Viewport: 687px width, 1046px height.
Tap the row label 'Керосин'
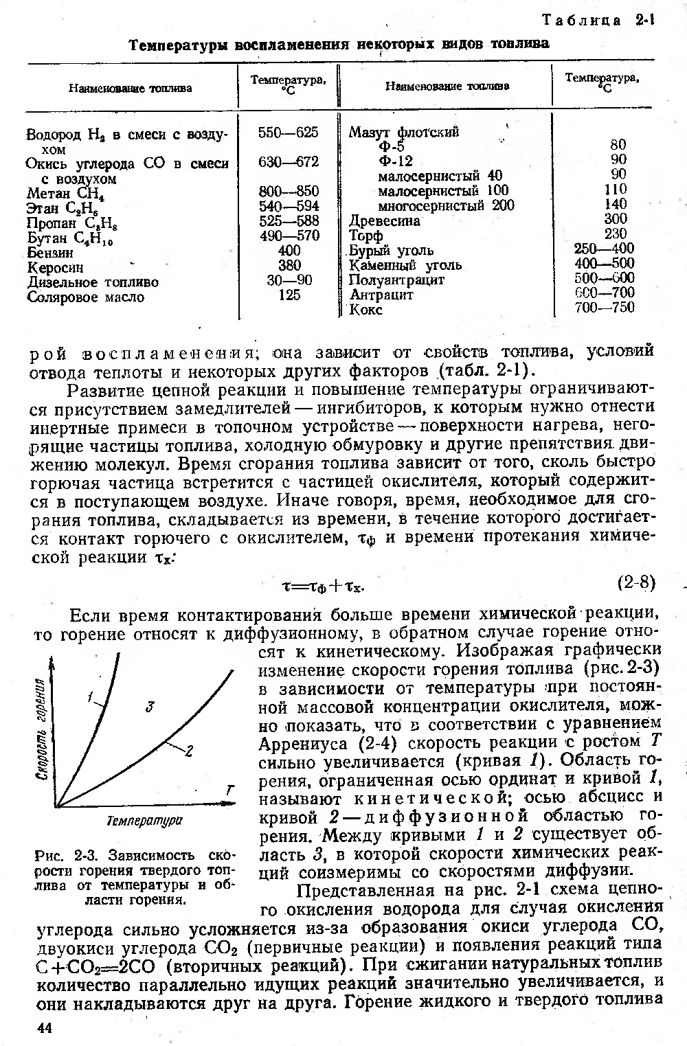[x=55, y=267]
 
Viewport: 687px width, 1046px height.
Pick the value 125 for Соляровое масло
[x=289, y=295]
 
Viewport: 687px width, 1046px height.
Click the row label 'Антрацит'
[x=381, y=295]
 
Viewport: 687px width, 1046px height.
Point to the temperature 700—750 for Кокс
[x=605, y=308]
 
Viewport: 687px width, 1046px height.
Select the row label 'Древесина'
[x=385, y=221]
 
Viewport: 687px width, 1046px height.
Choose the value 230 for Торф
[x=615, y=234]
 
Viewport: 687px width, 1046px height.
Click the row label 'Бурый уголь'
[x=391, y=250]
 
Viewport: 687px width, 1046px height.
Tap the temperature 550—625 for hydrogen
[x=289, y=133]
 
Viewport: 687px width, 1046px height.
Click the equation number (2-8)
[x=637, y=583]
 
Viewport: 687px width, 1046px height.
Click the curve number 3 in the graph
[x=149, y=706]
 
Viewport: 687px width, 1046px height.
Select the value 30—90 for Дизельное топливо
[x=289, y=281]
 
